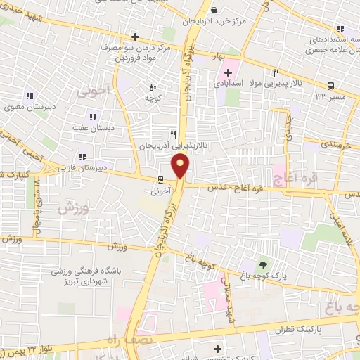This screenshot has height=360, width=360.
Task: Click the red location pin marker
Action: (x=181, y=166)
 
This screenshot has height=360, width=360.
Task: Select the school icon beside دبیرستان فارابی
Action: (x=82, y=157)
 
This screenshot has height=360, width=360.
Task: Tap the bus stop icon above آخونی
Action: (x=159, y=179)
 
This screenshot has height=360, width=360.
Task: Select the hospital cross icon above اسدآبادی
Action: (x=229, y=72)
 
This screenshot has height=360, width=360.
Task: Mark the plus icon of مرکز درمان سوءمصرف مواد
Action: (x=135, y=36)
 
